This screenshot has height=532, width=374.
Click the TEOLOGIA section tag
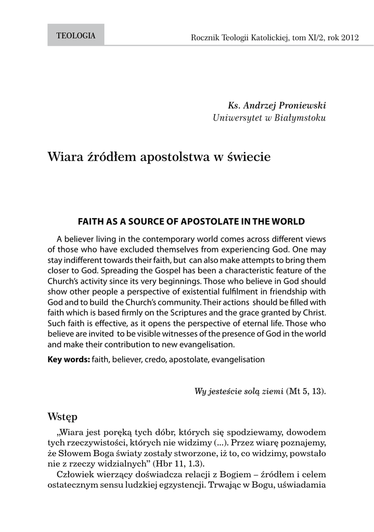[75, 36]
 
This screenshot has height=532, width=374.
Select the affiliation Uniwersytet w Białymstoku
[269, 118]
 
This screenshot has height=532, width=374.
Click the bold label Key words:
[69, 359]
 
